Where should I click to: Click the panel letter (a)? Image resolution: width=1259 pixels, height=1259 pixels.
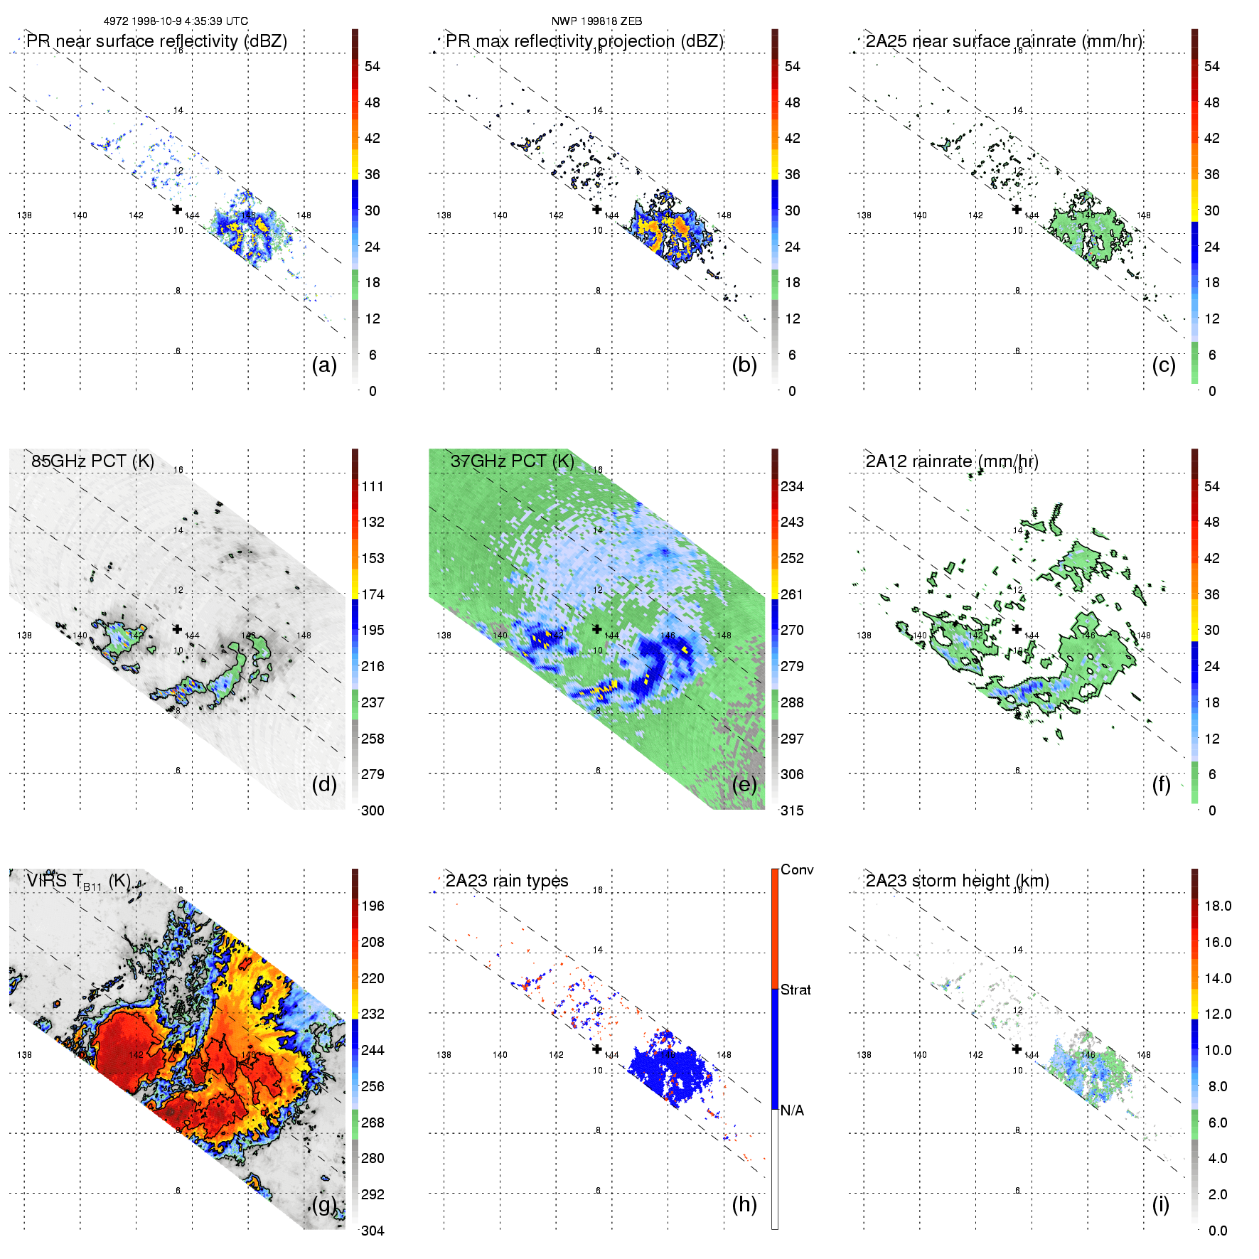(x=324, y=365)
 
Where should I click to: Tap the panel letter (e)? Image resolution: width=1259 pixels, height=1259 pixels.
(x=744, y=785)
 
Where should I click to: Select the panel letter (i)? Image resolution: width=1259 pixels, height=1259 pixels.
(x=1161, y=1205)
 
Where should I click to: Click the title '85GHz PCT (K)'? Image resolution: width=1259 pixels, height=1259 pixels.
(x=92, y=461)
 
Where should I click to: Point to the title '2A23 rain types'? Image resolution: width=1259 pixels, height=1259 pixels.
(x=507, y=881)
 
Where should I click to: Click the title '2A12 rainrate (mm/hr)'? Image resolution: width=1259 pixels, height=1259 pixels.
(x=952, y=461)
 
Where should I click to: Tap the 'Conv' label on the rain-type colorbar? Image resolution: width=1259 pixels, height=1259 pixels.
(x=797, y=869)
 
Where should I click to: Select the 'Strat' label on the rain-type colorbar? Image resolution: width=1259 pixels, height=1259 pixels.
(x=795, y=990)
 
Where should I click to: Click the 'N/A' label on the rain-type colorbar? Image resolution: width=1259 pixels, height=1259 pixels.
(x=792, y=1110)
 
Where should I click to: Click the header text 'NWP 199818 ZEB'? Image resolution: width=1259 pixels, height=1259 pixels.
(x=596, y=21)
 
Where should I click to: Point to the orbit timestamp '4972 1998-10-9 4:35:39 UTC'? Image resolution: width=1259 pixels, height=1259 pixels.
(x=176, y=21)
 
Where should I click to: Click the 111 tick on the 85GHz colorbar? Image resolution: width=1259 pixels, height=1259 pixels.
(x=373, y=486)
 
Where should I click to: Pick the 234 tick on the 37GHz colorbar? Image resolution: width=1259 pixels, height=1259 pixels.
(x=792, y=486)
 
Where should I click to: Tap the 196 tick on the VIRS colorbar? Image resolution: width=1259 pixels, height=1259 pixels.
(x=373, y=906)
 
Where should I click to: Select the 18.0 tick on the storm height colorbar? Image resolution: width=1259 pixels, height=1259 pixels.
(x=1218, y=906)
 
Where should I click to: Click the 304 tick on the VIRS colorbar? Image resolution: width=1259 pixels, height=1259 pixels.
(x=373, y=1231)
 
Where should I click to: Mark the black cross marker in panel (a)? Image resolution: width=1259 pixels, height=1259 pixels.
(x=177, y=209)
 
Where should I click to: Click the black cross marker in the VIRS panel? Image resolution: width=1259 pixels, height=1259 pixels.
(x=177, y=1048)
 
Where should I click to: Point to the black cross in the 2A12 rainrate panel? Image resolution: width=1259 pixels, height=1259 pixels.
(x=1017, y=628)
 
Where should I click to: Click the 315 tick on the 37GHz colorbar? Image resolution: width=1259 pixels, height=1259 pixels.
(x=792, y=810)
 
